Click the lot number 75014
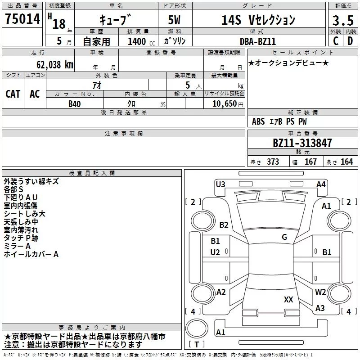[22, 19]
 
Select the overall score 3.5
[343, 20]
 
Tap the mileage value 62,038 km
[54, 65]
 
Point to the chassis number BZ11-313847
[302, 143]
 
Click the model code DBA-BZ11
[257, 41]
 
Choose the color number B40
[75, 104]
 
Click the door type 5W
[174, 20]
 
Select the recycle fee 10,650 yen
[228, 104]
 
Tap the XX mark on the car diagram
[288, 299]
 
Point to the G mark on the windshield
[284, 237]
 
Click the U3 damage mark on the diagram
[220, 184]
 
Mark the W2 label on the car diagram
[320, 292]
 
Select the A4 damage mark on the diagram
[321, 184]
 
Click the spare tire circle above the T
[197, 328]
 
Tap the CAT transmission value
[13, 94]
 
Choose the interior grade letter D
[350, 41]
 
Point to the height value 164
[346, 162]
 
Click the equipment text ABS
[258, 121]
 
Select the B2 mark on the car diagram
[224, 225]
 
